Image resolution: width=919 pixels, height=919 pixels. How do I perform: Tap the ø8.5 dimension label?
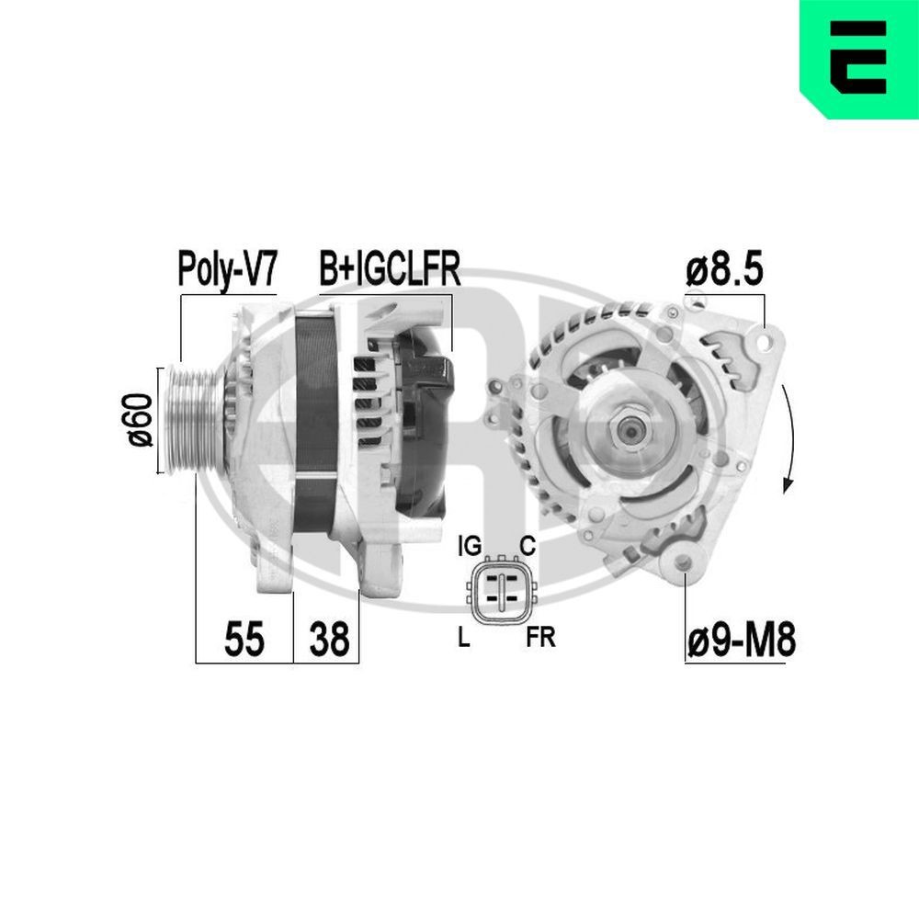pos(725,271)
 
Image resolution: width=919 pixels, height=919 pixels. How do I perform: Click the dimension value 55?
pos(244,639)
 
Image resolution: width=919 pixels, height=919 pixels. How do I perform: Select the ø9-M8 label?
pos(740,640)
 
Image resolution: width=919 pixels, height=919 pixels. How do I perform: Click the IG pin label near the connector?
pos(469,547)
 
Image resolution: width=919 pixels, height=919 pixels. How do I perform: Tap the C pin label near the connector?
pos(528,547)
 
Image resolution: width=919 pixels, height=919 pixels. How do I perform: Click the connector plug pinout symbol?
pos(501,590)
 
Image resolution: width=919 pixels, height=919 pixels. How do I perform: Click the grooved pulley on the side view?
pos(190,420)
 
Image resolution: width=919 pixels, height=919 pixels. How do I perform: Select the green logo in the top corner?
pos(858,58)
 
